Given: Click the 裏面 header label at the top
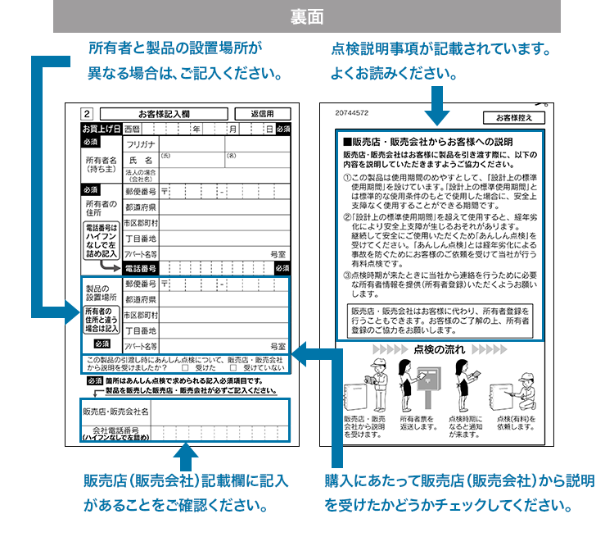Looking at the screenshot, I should (x=307, y=16).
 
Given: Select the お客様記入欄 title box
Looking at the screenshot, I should (x=164, y=114).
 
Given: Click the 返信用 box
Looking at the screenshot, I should (x=262, y=114).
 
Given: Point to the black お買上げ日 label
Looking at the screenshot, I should (x=101, y=130).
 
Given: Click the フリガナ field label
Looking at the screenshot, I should (x=140, y=144).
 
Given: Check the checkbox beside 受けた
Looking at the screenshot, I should (x=185, y=368).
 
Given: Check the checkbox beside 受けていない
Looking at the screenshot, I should (x=234, y=368).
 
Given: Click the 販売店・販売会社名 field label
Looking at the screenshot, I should (x=115, y=411).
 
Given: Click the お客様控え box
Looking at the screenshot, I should (x=513, y=117).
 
